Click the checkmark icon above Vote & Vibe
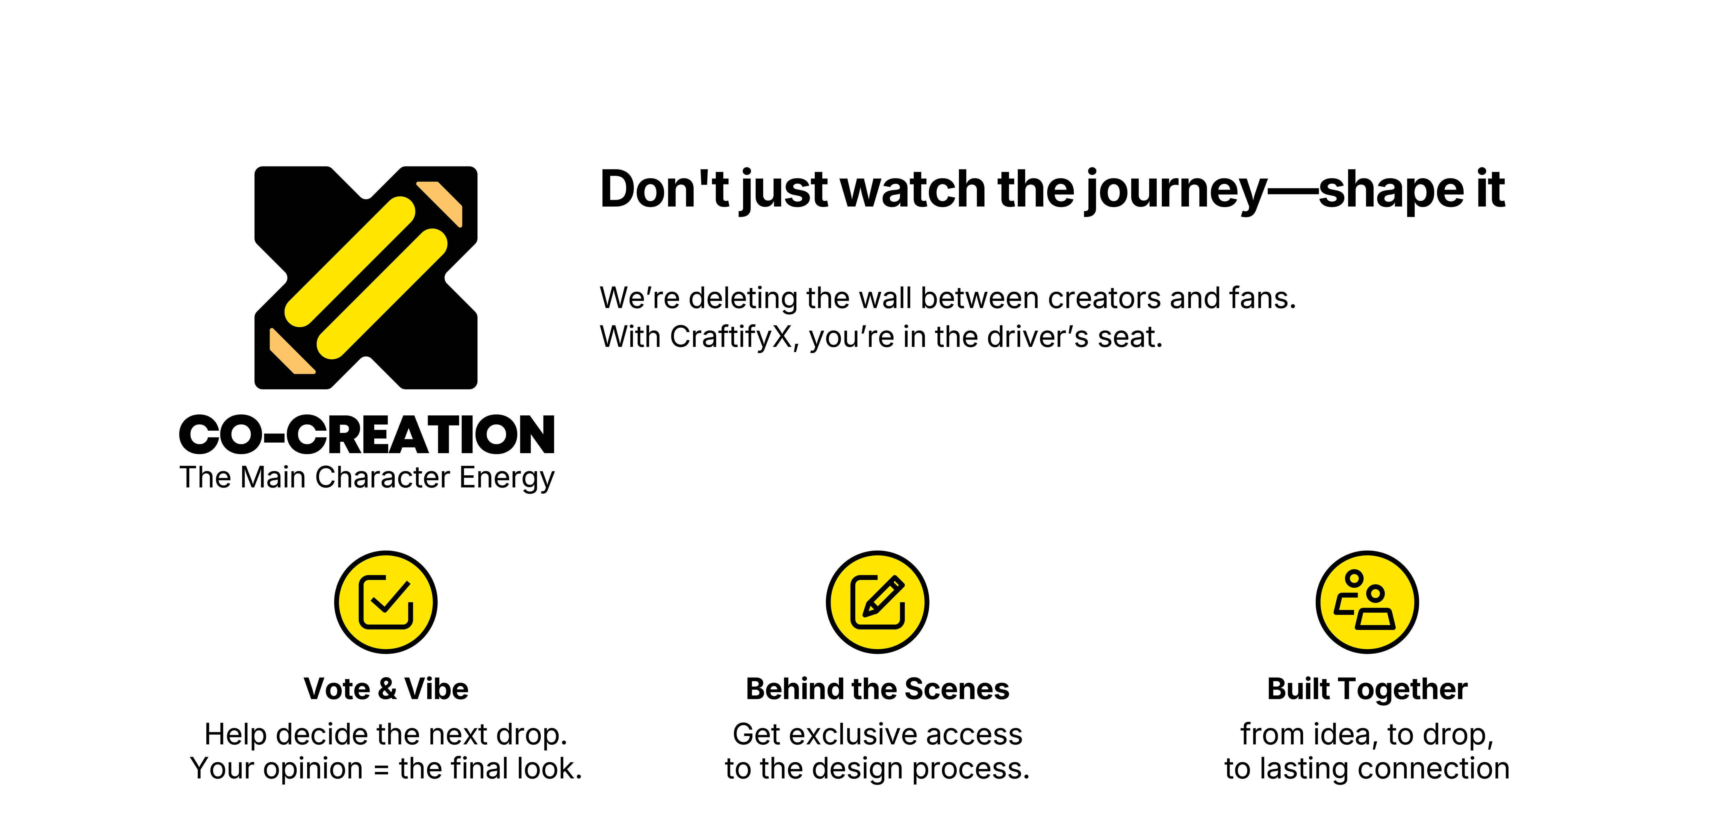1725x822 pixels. click(386, 602)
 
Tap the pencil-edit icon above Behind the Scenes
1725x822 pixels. click(877, 602)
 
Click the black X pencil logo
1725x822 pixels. click(366, 278)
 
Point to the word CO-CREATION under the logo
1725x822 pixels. click(367, 435)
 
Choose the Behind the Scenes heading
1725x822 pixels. click(877, 689)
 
